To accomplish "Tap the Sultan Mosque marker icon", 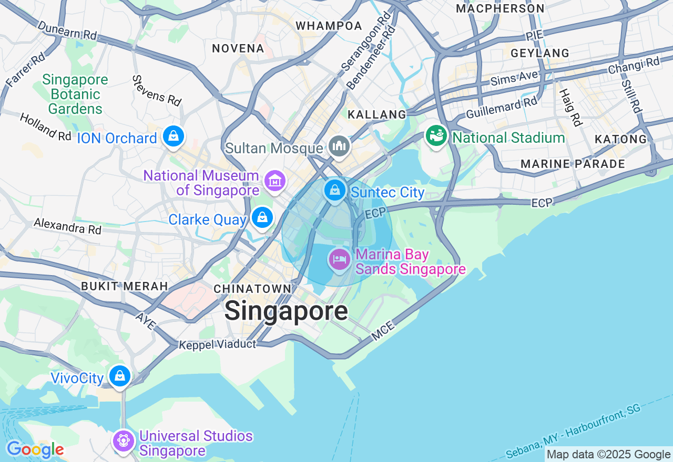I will coord(339,146).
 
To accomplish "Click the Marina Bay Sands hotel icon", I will coord(340,259).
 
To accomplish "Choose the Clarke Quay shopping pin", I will coord(262,217).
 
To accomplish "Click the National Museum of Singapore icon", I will coord(274,181).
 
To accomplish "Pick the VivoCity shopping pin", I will coord(120,376).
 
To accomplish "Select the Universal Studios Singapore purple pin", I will coord(124,440).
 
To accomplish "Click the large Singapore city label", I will coord(286,311).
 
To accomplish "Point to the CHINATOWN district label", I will coord(252,289).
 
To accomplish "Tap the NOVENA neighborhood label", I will coord(238,49).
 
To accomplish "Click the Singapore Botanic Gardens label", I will coord(75,94).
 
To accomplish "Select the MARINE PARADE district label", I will coord(573,164).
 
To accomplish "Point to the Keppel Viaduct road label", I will coord(217,345).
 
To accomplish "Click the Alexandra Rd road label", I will coord(68,226).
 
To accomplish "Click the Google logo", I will coord(35,450).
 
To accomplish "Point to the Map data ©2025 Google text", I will coord(608,455).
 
